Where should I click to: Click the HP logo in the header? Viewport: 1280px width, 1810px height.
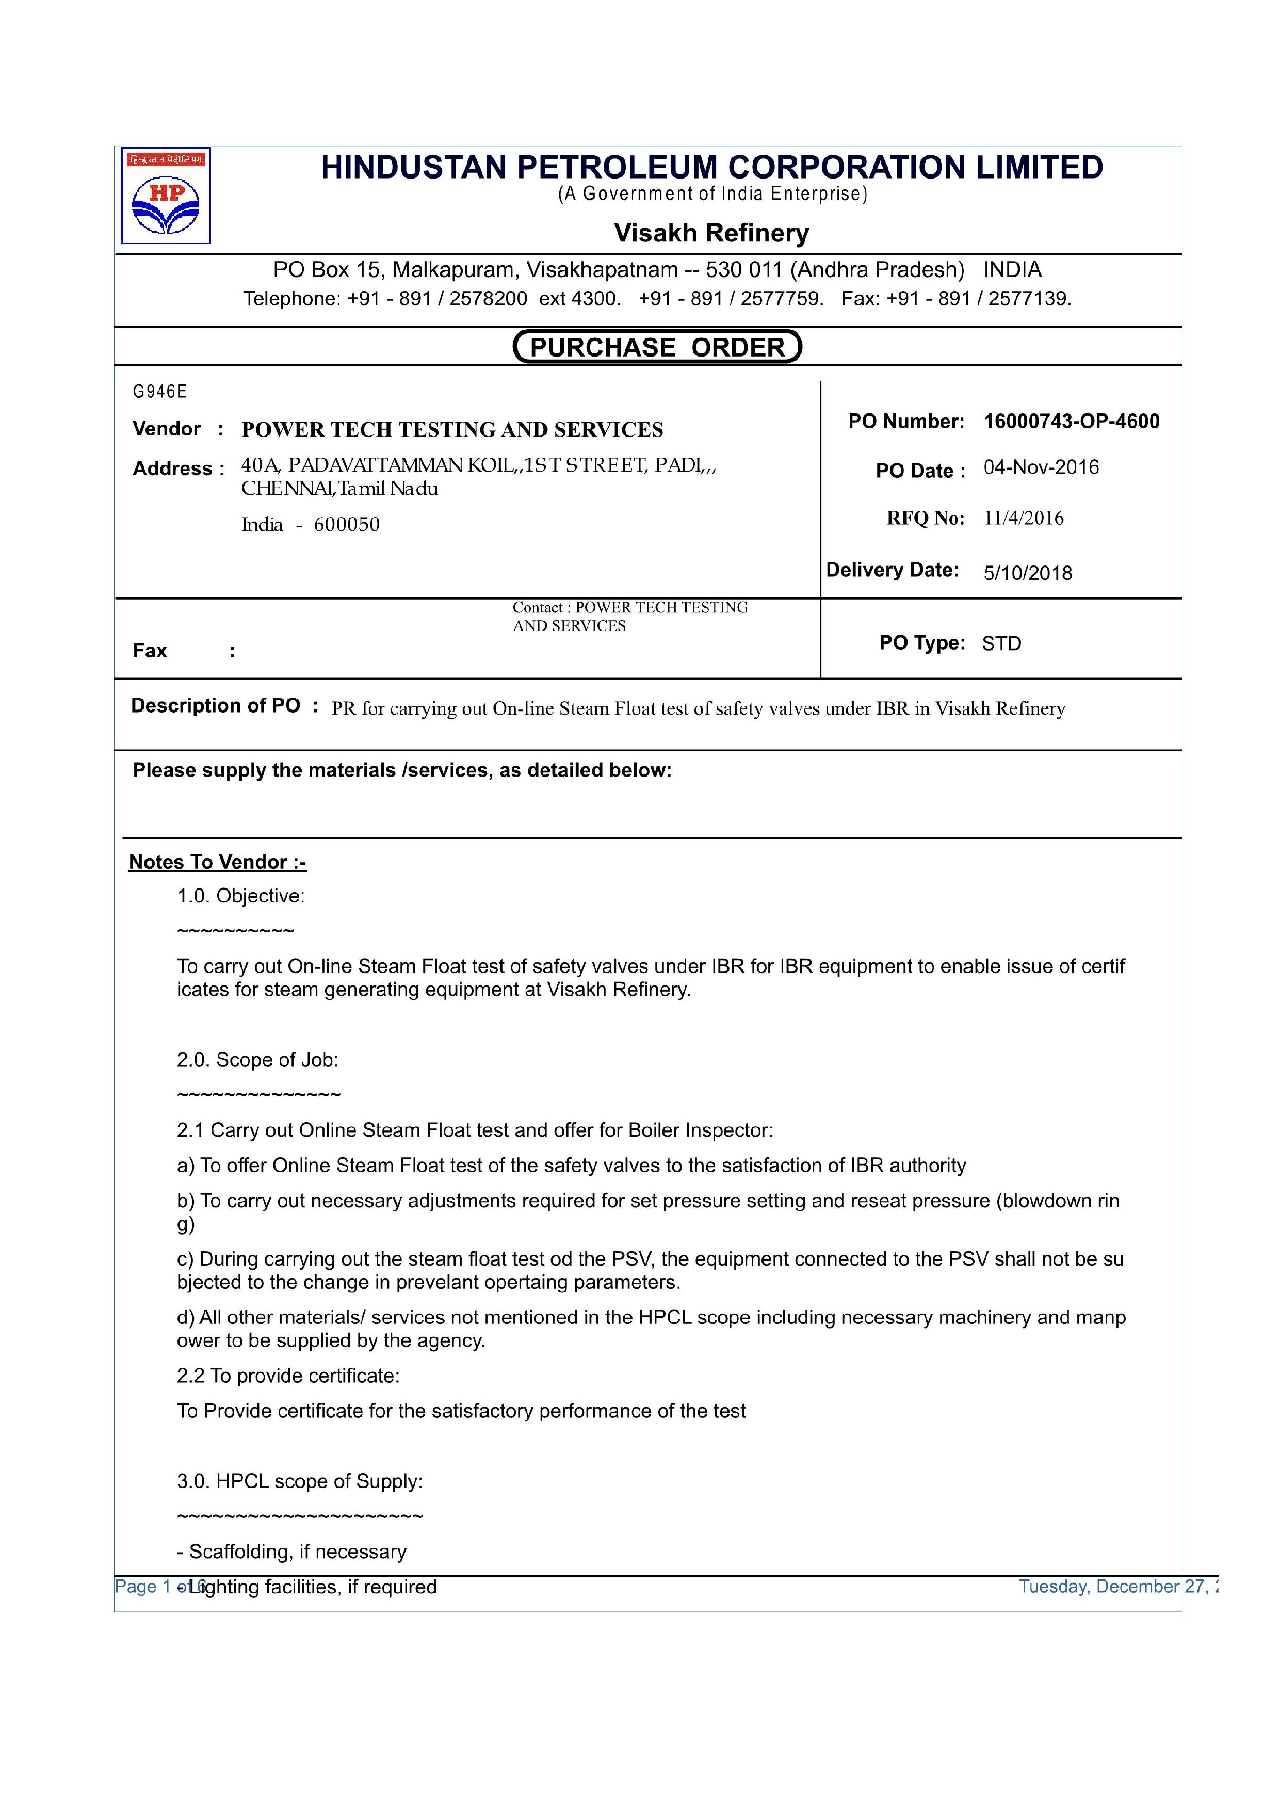point(166,196)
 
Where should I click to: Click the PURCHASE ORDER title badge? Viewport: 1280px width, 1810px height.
point(657,347)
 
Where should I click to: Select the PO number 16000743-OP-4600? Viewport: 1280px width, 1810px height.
point(1071,422)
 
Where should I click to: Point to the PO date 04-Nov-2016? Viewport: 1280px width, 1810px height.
point(1041,467)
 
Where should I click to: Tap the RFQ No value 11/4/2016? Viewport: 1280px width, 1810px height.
point(1023,519)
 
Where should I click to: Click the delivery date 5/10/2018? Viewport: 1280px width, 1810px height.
point(1027,573)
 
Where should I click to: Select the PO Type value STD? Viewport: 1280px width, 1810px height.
point(1001,644)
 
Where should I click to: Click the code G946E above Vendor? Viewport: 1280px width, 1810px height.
point(160,392)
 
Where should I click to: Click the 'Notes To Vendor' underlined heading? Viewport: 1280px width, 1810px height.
point(218,862)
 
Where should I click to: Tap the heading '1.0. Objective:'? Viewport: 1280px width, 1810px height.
point(240,896)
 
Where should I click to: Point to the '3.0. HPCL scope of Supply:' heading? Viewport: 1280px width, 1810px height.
point(300,1481)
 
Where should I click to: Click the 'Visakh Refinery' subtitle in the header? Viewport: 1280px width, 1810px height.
point(711,233)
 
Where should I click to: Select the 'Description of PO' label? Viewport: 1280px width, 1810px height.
point(215,705)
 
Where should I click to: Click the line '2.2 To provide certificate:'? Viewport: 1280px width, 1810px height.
point(288,1376)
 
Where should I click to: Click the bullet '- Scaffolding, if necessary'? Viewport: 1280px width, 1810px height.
point(291,1552)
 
